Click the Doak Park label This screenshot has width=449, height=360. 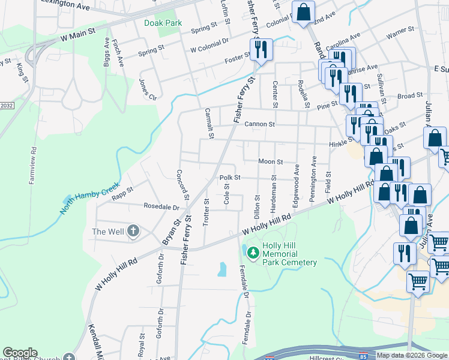coord(162,23)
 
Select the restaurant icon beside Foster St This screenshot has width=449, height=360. coord(261,49)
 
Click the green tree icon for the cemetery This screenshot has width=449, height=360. coord(253,253)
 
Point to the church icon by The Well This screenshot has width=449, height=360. coord(133,232)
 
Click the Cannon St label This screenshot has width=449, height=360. coord(259,124)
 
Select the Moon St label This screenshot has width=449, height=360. coord(270,161)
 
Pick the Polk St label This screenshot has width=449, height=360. coord(229,178)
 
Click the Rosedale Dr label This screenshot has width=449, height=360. coord(161,206)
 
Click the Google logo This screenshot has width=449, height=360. coord(20,353)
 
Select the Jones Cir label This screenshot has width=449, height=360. coord(148,89)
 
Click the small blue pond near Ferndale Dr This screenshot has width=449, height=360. coord(222,269)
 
